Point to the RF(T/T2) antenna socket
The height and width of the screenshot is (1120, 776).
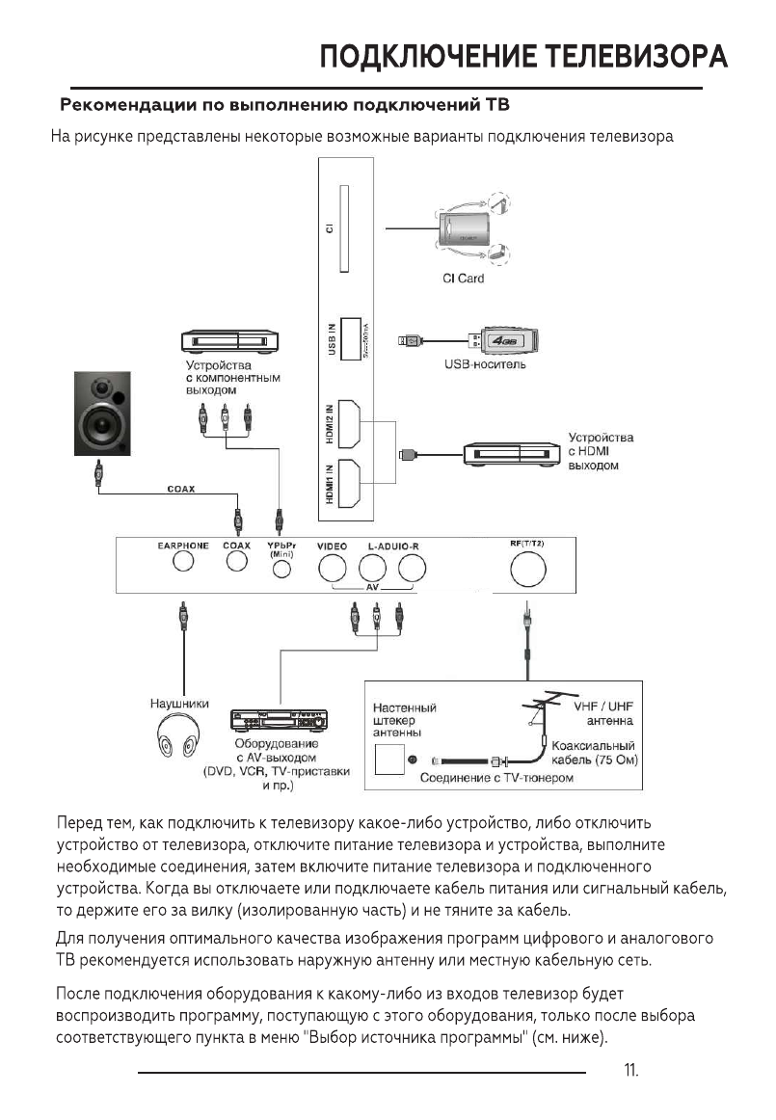click(527, 571)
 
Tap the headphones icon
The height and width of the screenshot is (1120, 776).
click(181, 738)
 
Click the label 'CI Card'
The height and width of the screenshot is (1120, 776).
click(463, 279)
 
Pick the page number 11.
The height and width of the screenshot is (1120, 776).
click(631, 1070)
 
